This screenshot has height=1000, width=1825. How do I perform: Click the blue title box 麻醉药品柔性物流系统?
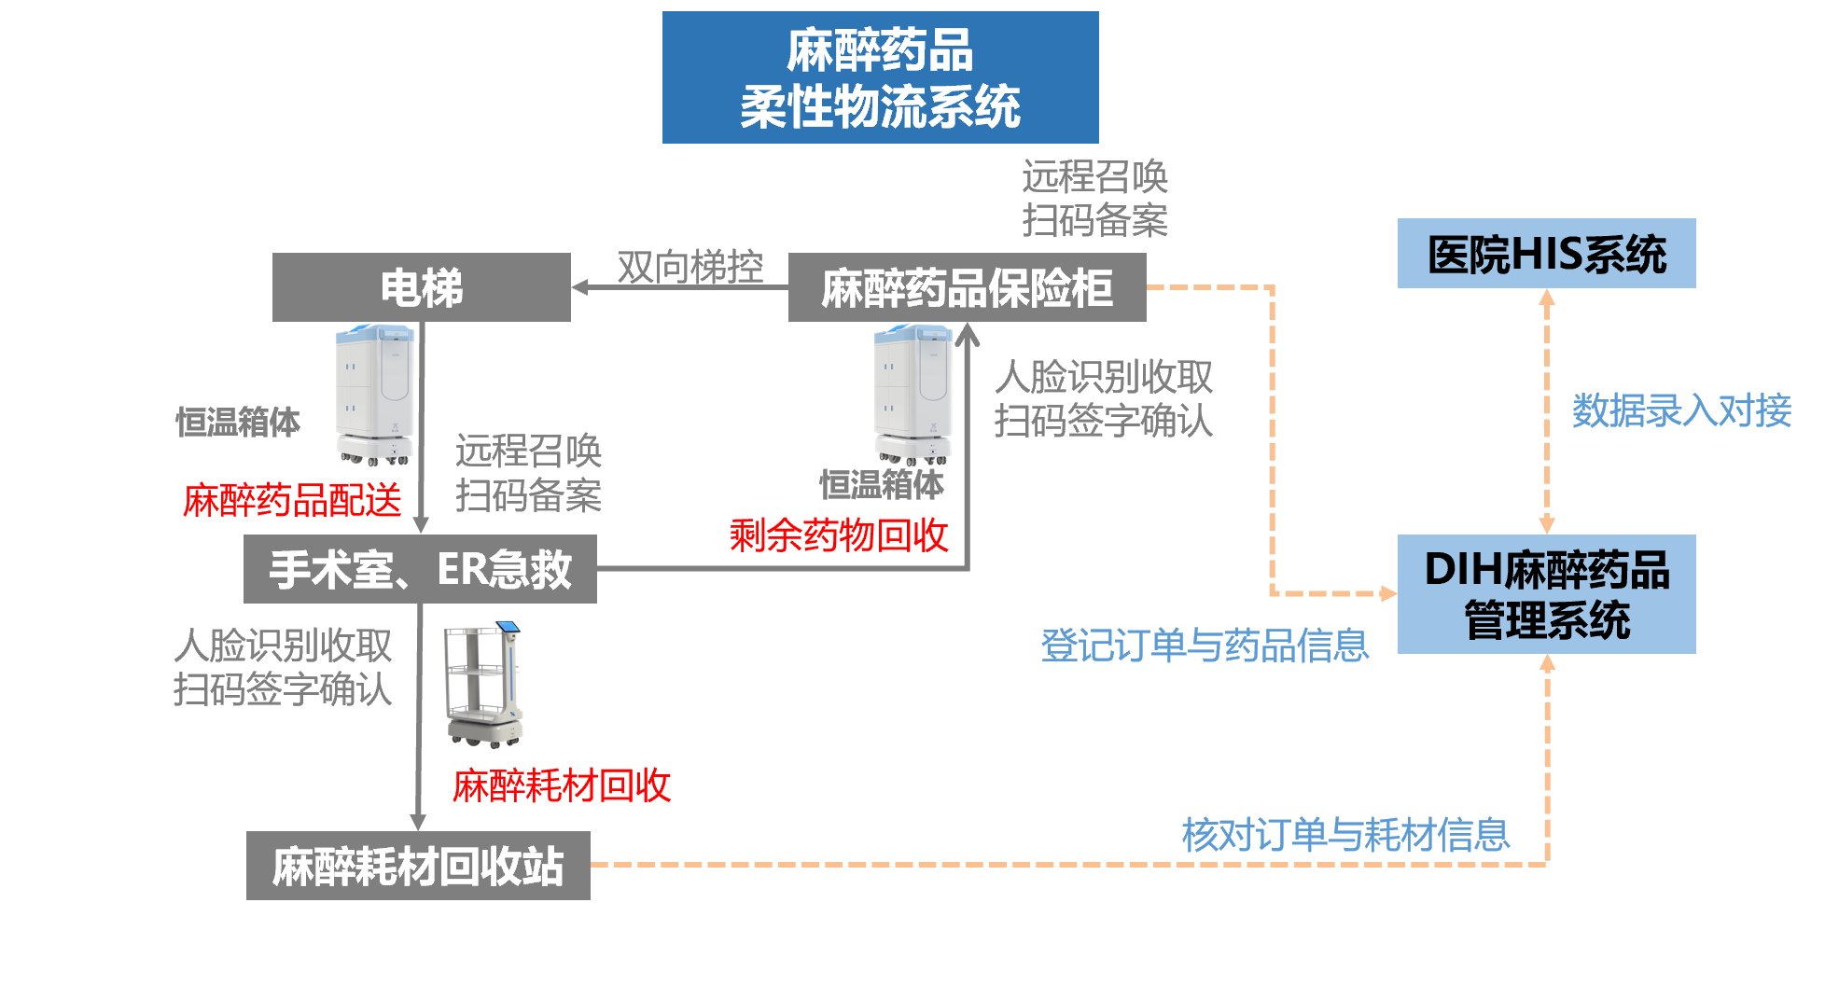[x=880, y=77]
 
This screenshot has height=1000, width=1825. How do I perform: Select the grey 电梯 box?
[x=421, y=287]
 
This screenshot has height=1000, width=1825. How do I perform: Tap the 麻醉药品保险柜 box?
[x=967, y=287]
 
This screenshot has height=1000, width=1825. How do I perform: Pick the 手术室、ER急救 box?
[x=420, y=569]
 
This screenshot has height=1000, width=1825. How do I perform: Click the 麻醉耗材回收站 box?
[x=418, y=866]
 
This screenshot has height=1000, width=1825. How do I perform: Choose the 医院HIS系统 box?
[x=1546, y=254]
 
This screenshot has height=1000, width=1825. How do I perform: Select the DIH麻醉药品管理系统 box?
[x=1546, y=594]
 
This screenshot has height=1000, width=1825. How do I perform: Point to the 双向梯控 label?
[x=690, y=267]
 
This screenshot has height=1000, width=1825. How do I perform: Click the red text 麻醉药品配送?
[x=292, y=500]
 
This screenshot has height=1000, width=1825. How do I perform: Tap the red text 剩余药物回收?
[x=839, y=535]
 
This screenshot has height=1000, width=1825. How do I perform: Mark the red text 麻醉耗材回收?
[x=562, y=785]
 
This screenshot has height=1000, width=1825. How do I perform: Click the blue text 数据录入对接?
[x=1681, y=410]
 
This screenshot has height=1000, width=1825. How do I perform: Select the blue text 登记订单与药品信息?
[x=1205, y=646]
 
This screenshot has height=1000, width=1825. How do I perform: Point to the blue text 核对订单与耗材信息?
[x=1345, y=834]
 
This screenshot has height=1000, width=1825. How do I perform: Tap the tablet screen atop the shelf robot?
[x=508, y=628]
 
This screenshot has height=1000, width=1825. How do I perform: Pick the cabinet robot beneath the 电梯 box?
[x=374, y=394]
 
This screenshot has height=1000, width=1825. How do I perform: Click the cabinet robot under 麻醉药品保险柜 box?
[x=912, y=394]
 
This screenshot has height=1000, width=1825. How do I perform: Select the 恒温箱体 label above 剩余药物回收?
[x=882, y=484]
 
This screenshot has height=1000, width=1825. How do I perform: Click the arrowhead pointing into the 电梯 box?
[x=579, y=287]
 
